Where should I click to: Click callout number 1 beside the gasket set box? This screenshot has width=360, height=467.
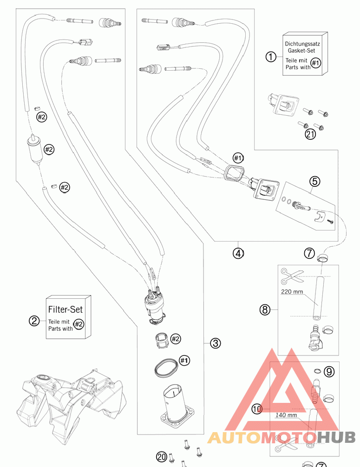(271, 57)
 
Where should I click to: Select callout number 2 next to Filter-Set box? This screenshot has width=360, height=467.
(34, 321)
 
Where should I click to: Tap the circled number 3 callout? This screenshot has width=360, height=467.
(215, 343)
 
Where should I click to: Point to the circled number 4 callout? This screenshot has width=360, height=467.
(238, 253)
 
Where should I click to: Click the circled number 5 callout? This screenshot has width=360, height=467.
(315, 181)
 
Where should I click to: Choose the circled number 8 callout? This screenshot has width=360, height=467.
(265, 310)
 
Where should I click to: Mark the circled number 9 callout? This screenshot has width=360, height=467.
(329, 372)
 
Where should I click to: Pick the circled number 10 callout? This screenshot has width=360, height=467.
(257, 409)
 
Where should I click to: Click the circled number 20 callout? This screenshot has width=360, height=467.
(162, 457)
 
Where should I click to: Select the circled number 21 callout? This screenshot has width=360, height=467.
(310, 134)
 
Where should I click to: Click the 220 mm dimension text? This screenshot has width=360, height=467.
(292, 291)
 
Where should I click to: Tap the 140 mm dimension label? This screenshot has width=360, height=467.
(286, 415)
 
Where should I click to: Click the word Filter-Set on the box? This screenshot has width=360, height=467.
(65, 309)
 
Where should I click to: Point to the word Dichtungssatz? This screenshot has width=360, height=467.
(302, 44)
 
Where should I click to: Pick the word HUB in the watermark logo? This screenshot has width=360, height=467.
(336, 438)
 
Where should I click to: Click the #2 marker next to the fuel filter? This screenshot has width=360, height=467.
(49, 149)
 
